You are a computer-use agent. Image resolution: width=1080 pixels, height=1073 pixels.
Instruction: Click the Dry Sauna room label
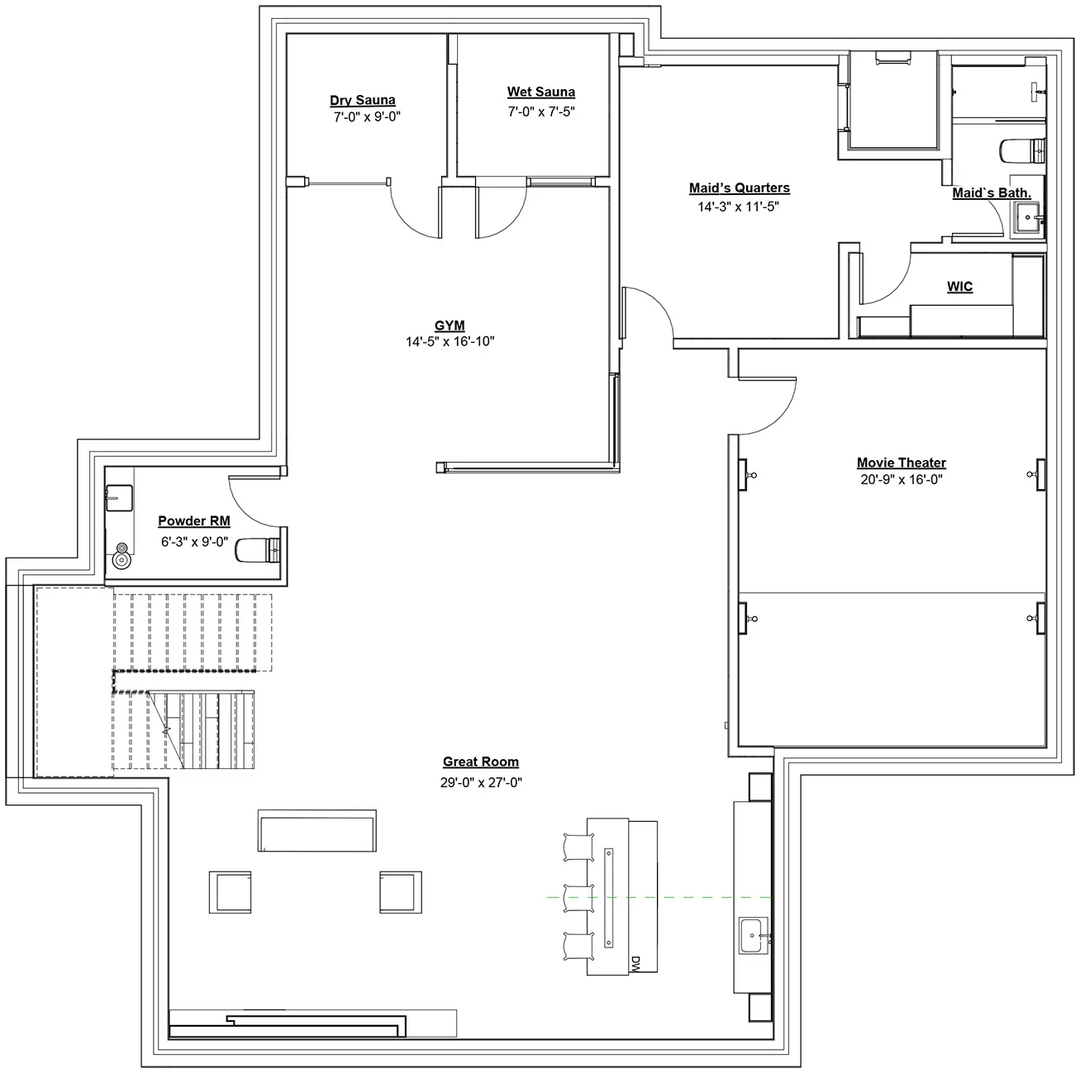click(x=363, y=100)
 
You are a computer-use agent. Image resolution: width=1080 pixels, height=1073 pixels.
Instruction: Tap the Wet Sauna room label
click(x=541, y=92)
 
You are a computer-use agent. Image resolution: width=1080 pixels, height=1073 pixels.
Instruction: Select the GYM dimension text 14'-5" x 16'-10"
click(x=450, y=341)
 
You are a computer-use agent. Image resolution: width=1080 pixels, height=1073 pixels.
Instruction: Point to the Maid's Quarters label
click(x=740, y=188)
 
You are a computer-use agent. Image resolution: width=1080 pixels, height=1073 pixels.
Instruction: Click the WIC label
click(x=959, y=287)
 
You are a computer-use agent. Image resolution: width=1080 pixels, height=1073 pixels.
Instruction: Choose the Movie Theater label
click(x=902, y=463)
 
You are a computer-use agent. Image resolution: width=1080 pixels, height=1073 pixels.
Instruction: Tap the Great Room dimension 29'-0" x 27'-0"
click(x=481, y=782)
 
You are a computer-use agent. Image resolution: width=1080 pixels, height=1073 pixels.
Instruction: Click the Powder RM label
click(x=194, y=521)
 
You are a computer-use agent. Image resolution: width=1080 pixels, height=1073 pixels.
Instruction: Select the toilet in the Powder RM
click(x=258, y=549)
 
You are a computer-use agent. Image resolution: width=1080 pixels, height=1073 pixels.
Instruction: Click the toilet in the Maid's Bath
click(x=1023, y=150)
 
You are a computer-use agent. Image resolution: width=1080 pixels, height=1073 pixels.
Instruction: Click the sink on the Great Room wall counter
click(x=754, y=935)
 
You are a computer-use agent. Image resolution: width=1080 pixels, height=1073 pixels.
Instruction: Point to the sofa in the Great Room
click(x=317, y=831)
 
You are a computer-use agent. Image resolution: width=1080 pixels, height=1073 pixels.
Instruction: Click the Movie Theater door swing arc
click(x=768, y=406)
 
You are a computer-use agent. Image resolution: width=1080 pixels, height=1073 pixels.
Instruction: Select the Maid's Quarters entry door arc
click(x=649, y=313)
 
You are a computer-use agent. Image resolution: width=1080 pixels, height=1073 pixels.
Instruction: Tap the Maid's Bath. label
click(x=992, y=193)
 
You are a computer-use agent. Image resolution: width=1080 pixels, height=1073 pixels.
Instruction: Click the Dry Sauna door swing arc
click(x=416, y=210)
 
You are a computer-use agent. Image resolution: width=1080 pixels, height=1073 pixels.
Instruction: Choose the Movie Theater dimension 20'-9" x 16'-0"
click(x=902, y=480)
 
